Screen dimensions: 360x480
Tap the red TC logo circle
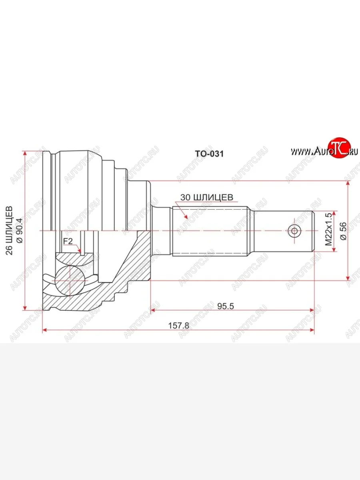click(340, 147)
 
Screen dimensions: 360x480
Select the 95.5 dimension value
click(226, 306)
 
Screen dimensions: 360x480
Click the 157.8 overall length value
click(178, 326)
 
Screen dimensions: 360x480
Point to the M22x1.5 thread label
click(328, 229)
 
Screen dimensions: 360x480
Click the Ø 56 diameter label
click(343, 231)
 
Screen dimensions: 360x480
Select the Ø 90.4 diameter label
click(20, 230)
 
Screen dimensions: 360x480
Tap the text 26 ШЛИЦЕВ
click(9, 230)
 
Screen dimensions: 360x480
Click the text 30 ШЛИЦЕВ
click(207, 197)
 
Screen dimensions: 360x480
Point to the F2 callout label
click(68, 241)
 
